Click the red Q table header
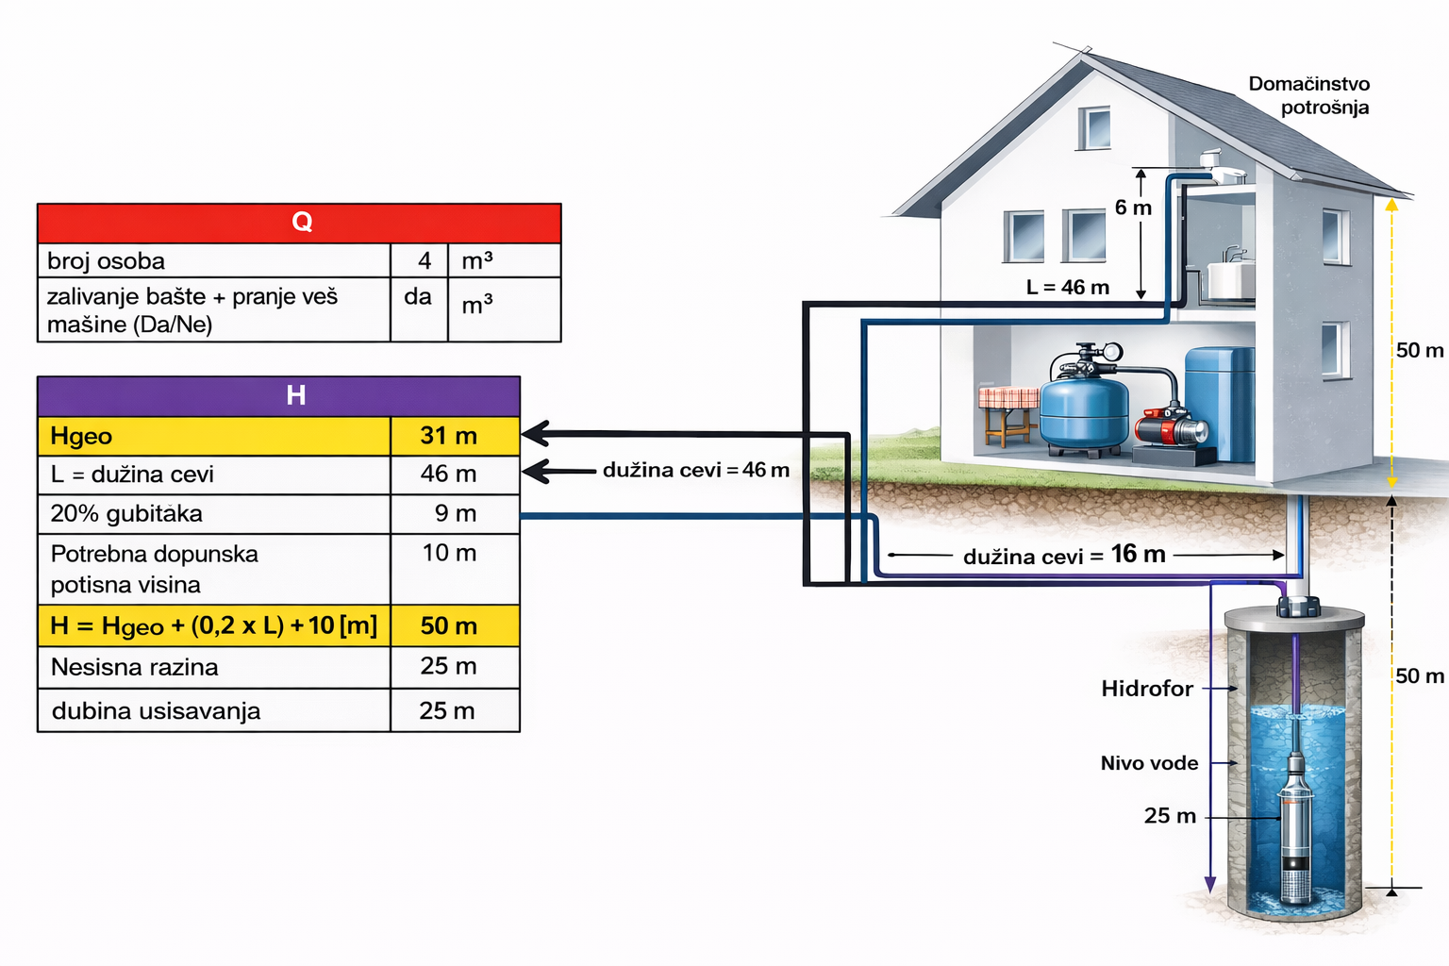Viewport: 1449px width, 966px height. pos(299,223)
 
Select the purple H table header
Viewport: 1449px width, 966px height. pos(278,395)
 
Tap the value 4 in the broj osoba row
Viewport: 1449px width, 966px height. pos(424,260)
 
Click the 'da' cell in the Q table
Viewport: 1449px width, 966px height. pos(418,297)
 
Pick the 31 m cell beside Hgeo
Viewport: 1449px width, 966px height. pos(449,436)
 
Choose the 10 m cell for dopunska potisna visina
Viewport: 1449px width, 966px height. pos(449,553)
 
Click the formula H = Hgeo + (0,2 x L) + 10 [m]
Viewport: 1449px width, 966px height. pos(214,625)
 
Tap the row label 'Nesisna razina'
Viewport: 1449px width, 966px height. pos(135,667)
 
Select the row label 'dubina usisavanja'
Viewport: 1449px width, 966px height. pos(156,710)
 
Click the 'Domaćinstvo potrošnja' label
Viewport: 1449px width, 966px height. pos(1310,95)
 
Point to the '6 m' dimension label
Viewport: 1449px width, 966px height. pos(1132,208)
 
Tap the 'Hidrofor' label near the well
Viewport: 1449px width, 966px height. pos(1147,689)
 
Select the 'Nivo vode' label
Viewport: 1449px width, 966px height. pos(1149,763)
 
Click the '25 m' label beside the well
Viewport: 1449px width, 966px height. pos(1170,816)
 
